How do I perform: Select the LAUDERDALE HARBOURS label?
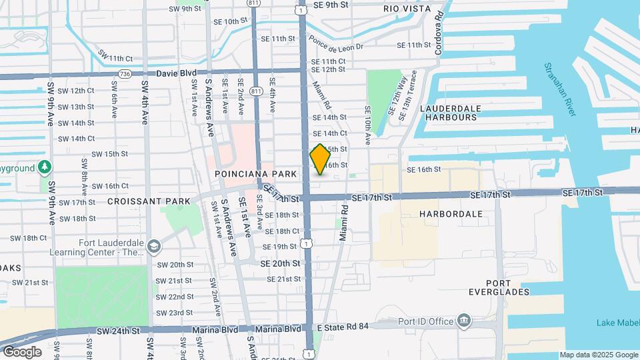[x=449, y=112]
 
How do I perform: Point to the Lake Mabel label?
[x=618, y=324]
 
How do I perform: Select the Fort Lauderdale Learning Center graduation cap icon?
[x=155, y=247]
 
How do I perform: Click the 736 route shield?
[x=124, y=73]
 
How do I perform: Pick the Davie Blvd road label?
[x=177, y=73]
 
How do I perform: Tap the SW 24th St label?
[x=119, y=331]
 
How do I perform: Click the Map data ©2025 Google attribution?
[x=598, y=355]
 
